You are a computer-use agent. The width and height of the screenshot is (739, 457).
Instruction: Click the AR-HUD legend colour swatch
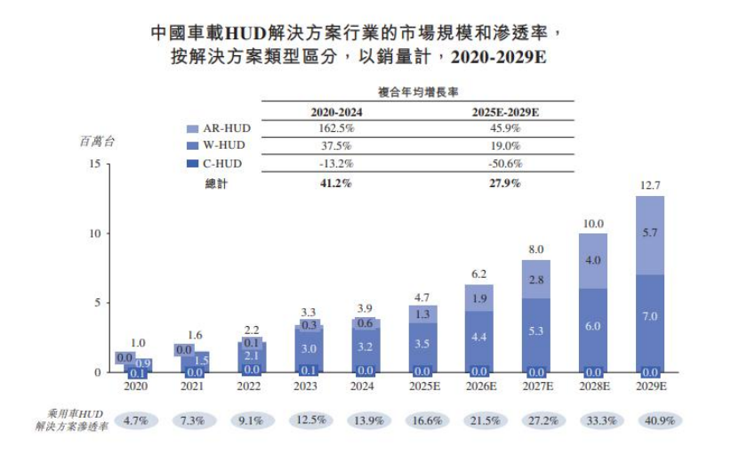pos(192,128)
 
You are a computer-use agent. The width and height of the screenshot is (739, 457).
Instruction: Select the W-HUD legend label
pos(223,145)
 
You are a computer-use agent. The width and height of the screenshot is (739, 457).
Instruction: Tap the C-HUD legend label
pos(222,163)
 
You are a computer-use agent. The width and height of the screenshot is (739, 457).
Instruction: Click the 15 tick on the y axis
pos(94,164)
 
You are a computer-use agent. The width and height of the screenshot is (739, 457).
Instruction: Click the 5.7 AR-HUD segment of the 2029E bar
pos(649,233)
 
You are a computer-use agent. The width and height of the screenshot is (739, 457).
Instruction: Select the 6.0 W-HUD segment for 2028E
pos(593,327)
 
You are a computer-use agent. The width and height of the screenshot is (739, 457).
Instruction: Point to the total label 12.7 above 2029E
pos(649,186)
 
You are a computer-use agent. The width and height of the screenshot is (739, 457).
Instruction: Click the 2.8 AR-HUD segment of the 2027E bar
pos(536,280)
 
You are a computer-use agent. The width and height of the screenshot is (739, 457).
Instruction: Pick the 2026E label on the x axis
pos(479,387)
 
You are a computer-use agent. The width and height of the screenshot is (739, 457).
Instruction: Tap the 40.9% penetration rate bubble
pos(649,420)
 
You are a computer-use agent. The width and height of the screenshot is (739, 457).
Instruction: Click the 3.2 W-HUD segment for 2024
pos(365,347)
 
